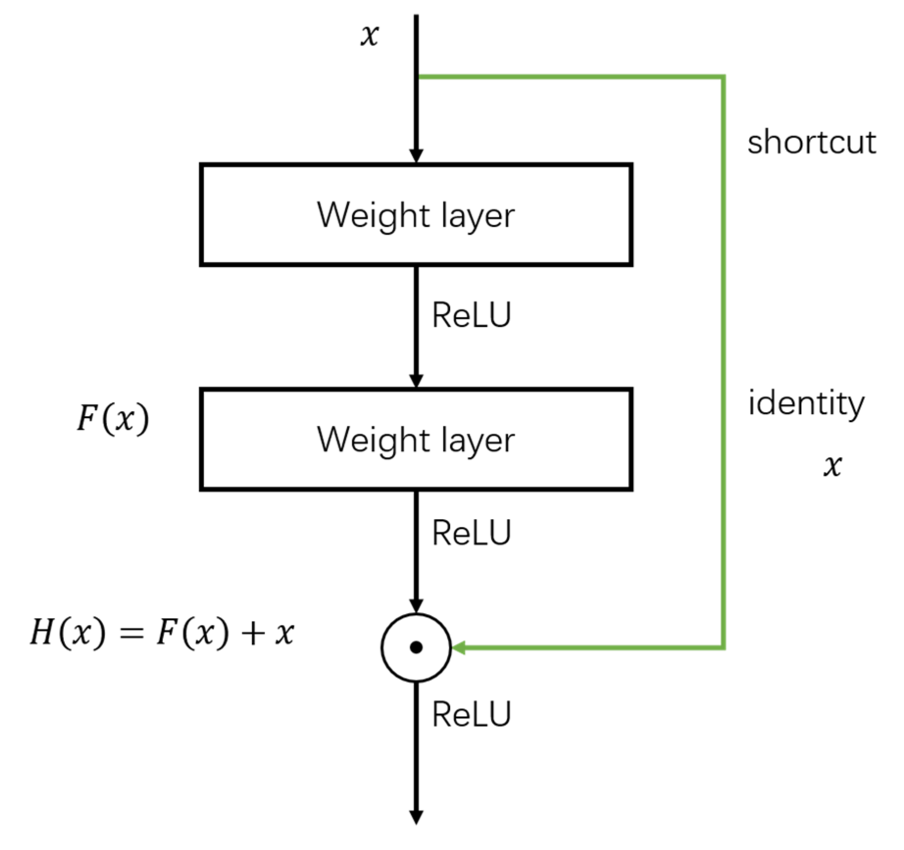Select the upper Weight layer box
point(416,215)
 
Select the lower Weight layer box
point(416,439)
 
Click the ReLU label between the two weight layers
point(471,316)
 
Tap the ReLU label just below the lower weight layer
point(471,533)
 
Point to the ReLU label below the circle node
point(471,714)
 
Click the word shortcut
point(811,142)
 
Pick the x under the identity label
point(832,466)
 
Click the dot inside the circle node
point(416,647)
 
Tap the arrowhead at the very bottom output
point(416,817)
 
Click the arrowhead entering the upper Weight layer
point(416,156)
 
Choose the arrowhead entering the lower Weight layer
point(416,380)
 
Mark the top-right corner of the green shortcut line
point(723,77)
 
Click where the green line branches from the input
point(417,77)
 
